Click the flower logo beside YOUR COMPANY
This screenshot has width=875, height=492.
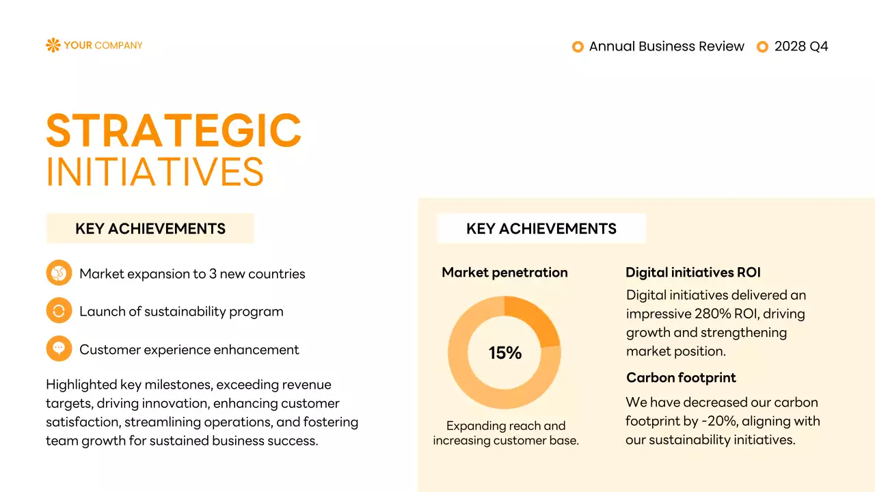53,45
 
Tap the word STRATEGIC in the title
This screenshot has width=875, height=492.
174,131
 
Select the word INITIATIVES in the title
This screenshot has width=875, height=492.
155,172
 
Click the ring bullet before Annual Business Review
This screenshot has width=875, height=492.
578,46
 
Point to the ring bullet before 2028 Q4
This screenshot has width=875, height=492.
762,46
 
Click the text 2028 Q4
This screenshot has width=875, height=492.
801,46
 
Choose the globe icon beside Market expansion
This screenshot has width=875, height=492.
59,273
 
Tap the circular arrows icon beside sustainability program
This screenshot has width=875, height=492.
59,311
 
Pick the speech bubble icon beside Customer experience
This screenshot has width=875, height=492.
59,348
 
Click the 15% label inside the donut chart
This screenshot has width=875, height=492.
504,353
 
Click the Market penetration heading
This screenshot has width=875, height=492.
504,273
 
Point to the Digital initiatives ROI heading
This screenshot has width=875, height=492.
692,273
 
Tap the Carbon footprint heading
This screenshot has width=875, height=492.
681,378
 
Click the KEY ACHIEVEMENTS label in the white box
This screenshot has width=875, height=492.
541,229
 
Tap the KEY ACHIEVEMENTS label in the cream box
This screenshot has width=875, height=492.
150,229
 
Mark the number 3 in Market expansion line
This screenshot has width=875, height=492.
213,274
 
